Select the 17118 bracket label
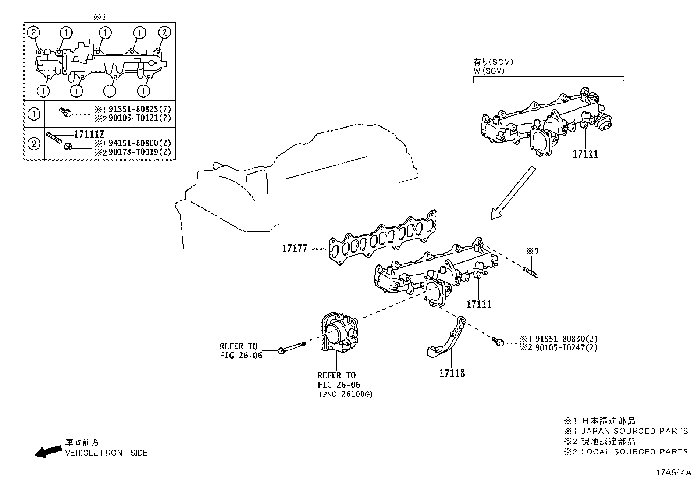[x=452, y=373]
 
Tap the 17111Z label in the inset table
[x=92, y=135]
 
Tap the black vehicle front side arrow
[x=48, y=452]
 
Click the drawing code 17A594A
[x=673, y=473]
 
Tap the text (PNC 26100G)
[x=345, y=394]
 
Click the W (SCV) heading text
[x=488, y=71]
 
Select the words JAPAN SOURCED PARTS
[x=634, y=431]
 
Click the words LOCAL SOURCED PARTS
[x=634, y=451]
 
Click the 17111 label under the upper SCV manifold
[x=585, y=154]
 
